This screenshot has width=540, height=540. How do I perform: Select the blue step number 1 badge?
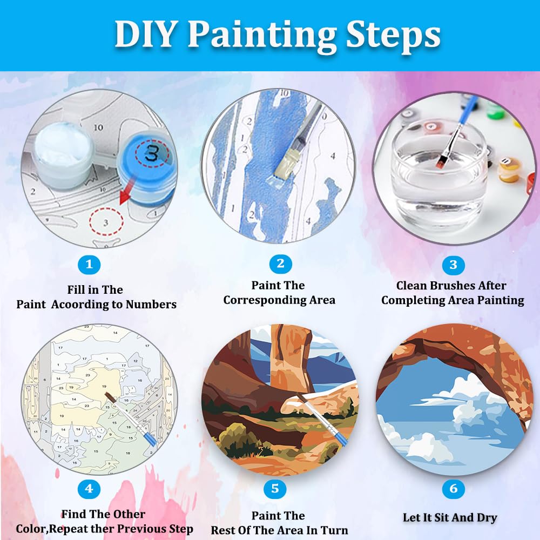tap(90, 264)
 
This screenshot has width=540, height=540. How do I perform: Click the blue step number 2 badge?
tap(280, 264)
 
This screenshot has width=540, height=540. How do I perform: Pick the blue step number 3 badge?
tap(453, 265)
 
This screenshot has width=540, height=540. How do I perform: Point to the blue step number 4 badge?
tap(89, 489)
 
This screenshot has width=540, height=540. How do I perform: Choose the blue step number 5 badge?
tap(274, 489)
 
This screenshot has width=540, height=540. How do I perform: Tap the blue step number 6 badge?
tap(453, 489)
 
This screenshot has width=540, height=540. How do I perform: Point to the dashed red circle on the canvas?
tap(106, 221)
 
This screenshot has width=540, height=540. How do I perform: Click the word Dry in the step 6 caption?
tap(486, 517)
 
